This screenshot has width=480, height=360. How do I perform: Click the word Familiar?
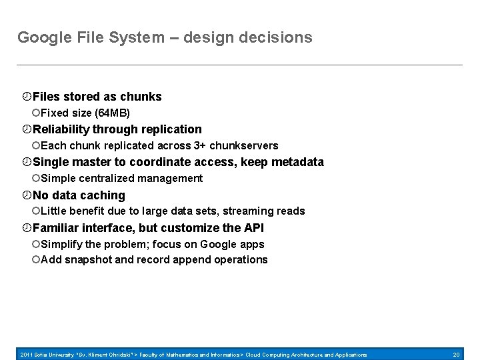pyautogui.click(x=55, y=228)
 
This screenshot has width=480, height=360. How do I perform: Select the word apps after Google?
pyautogui.click(x=252, y=244)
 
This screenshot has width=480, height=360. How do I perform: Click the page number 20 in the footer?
pyautogui.click(x=457, y=355)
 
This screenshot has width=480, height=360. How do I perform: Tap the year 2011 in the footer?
pyautogui.click(x=27, y=355)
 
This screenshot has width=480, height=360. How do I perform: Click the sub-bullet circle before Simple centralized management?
pyautogui.click(x=36, y=178)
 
